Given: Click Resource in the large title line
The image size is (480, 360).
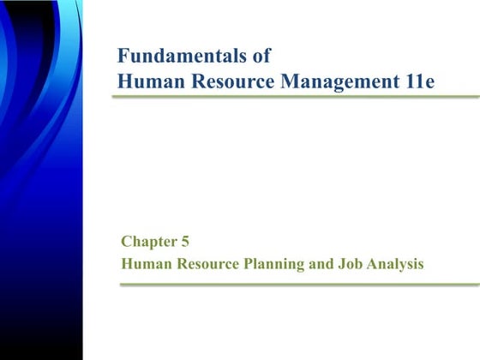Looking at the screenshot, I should (x=231, y=81).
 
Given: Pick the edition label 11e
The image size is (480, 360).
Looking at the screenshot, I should (x=421, y=81).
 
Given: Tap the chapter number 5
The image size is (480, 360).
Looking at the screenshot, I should (x=185, y=243).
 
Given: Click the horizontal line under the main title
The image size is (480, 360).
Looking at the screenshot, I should (x=291, y=97).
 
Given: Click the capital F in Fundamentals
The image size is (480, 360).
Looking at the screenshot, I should (x=123, y=57).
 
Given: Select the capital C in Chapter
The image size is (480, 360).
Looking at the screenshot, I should (x=126, y=243).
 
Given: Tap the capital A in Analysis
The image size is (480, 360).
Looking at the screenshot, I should (x=368, y=264).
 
